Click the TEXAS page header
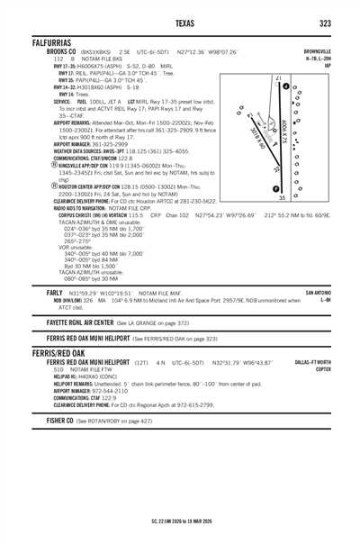click(x=180, y=23)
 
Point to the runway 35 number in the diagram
click(x=282, y=197)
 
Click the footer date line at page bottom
click(x=180, y=521)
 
